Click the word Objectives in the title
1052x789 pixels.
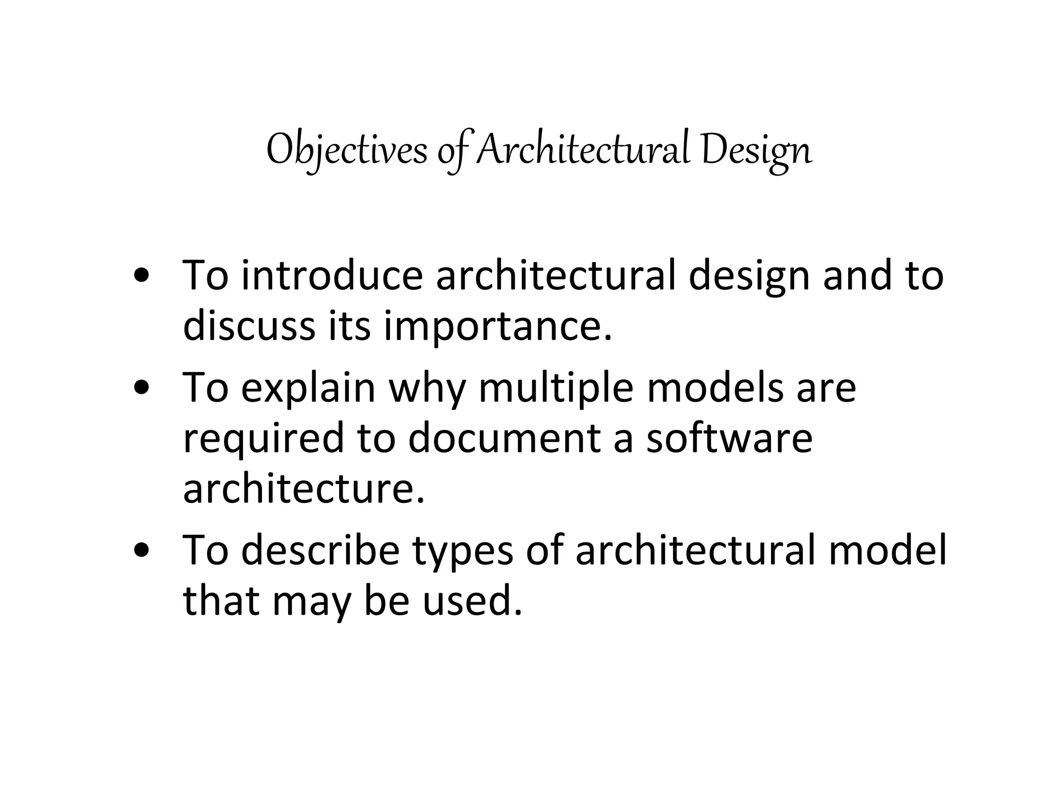pyautogui.click(x=347, y=150)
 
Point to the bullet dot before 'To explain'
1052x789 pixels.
pyautogui.click(x=141, y=388)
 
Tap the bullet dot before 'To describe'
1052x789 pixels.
pyautogui.click(x=141, y=550)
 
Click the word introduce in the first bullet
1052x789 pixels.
pyautogui.click(x=332, y=276)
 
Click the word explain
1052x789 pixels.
pyautogui.click(x=308, y=388)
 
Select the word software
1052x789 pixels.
pyautogui.click(x=729, y=438)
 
